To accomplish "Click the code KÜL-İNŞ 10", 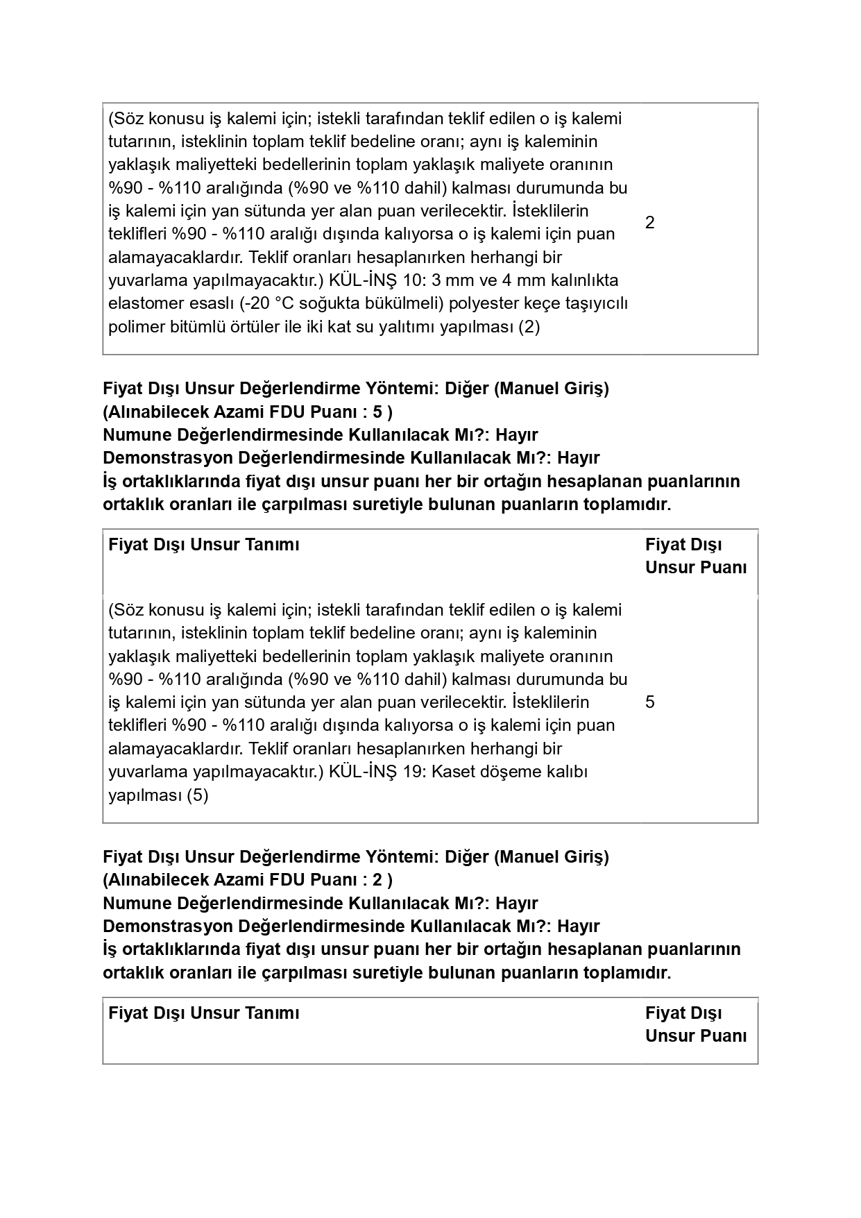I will tap(377, 280).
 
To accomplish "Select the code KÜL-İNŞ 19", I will tap(377, 772).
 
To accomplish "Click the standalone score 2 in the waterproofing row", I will tap(649, 223).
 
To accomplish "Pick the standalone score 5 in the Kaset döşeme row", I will tap(649, 702).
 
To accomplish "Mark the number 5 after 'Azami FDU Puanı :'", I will tap(377, 412).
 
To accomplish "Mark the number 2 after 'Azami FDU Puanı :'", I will tap(377, 880).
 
